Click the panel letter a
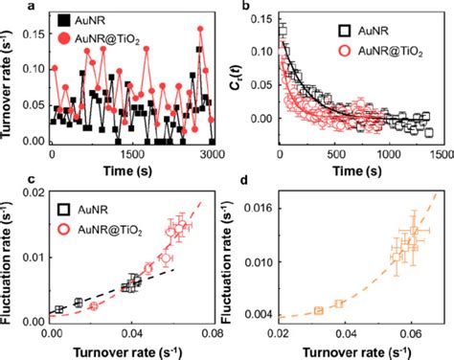[x=32, y=5]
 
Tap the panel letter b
[x=246, y=5]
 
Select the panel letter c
[x=32, y=180]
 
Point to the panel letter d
[x=244, y=181]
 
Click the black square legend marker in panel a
[x=64, y=20]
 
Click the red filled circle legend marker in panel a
[x=64, y=38]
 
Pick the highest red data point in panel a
[x=200, y=29]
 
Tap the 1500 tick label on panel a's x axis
[x=132, y=154]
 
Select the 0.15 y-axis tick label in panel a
[x=34, y=34]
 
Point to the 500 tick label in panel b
[x=336, y=154]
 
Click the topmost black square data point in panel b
[x=284, y=31]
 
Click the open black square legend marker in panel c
[x=64, y=209]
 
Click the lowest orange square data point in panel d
[x=319, y=310]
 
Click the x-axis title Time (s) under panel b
[x=357, y=171]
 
